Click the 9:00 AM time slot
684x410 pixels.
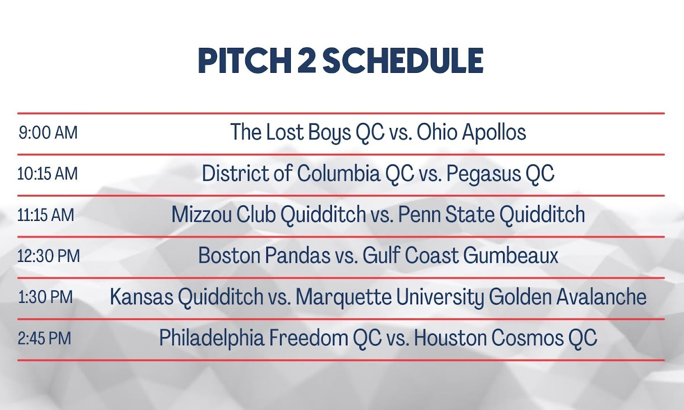[48, 133]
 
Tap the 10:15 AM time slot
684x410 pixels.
[47, 174]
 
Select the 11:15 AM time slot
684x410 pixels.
[46, 215]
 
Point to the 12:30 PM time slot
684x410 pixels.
[48, 256]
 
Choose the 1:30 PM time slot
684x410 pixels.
[46, 297]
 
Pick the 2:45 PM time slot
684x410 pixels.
[45, 338]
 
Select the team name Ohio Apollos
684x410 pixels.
[472, 133]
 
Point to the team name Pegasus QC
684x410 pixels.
[500, 174]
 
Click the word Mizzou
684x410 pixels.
[202, 214]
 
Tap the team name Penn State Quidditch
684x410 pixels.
[492, 214]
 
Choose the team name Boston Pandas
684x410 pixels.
[264, 255]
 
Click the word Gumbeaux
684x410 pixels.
[511, 255]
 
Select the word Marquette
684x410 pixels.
[343, 297]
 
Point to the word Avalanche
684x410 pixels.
[601, 297]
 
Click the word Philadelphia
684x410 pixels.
[212, 338]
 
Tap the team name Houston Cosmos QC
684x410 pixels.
[505, 338]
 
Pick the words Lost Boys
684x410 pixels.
[309, 133]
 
